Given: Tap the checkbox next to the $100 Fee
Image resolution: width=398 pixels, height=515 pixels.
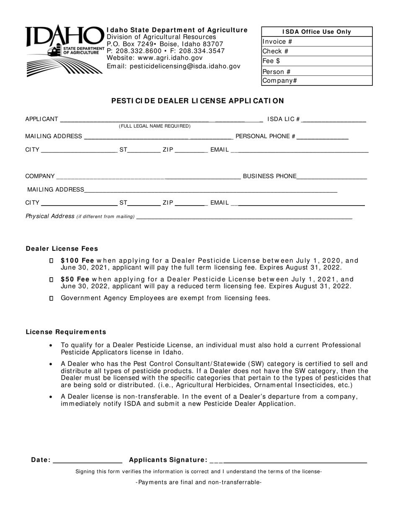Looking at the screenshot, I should click(x=52, y=260).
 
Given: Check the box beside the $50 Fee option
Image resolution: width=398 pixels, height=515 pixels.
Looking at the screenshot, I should click(x=52, y=279).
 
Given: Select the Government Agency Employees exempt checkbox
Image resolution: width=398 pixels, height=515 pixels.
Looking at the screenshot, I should click(x=52, y=298).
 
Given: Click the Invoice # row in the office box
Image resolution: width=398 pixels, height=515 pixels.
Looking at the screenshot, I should click(x=317, y=41).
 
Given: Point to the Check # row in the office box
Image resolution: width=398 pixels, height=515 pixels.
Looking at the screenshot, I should click(x=317, y=51).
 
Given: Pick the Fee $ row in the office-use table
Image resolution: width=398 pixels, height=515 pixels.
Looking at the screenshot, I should click(x=317, y=61).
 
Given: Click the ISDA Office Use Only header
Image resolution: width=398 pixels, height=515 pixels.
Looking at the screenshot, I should click(x=317, y=32).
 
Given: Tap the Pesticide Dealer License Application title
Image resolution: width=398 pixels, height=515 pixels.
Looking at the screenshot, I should click(x=197, y=101).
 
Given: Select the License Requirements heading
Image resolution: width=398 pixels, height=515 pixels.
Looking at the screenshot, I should click(x=66, y=332).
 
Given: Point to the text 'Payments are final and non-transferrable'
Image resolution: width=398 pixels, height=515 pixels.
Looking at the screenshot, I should click(x=199, y=482).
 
